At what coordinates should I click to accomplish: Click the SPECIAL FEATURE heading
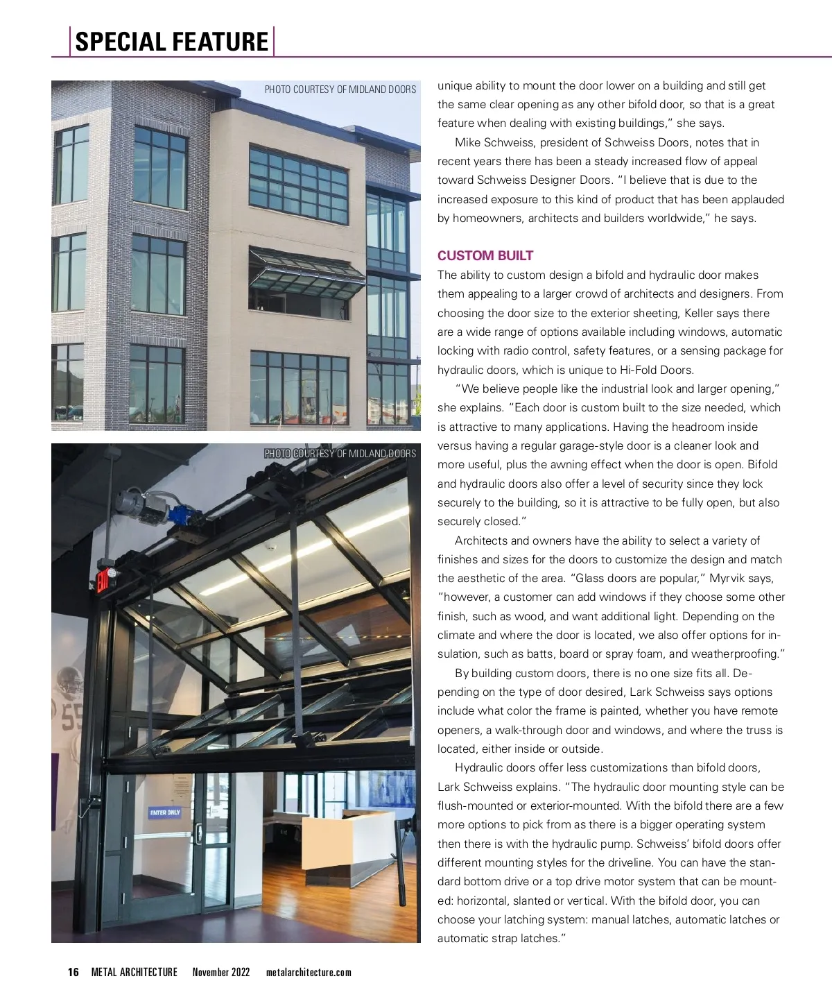171,42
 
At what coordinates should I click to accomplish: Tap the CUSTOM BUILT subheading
485,255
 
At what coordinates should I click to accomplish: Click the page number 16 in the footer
73,972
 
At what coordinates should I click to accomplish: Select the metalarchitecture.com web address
309,972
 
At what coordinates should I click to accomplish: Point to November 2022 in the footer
221,972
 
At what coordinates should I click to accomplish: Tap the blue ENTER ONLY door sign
165,812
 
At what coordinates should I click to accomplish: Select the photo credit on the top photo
340,89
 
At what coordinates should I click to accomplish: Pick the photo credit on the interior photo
340,454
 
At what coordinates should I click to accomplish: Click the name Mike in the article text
467,143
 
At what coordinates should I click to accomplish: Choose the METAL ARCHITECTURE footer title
135,972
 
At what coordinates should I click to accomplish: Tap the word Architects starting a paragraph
481,540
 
